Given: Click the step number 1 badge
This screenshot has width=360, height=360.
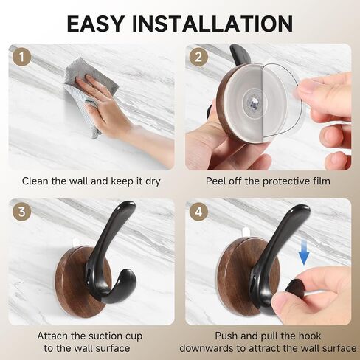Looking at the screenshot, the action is pos(22,57).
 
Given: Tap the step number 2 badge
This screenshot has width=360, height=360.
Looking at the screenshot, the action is pos(198,57).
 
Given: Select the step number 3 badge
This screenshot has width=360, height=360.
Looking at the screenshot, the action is pos(22,212).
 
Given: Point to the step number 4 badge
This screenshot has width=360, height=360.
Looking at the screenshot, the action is pos(198,212).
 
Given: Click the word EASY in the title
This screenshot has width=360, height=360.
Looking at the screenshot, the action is pos(95,24).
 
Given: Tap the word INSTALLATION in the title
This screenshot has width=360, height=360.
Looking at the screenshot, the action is pos(212,24).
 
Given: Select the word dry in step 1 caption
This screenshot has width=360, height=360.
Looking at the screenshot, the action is pos(153,181).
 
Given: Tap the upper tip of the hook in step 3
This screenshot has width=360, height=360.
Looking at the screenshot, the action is pos(128,205).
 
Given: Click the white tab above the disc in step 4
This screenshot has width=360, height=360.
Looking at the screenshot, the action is pos(246,232).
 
